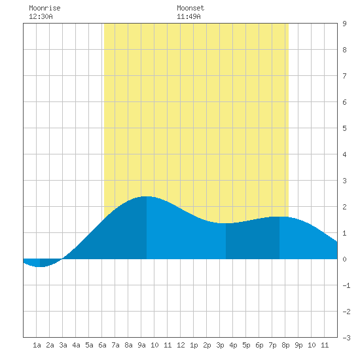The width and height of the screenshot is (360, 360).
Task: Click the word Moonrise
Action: pos(45,8)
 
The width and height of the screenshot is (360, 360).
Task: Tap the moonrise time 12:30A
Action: pos(41,16)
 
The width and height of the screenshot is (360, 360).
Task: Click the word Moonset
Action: pos(190,8)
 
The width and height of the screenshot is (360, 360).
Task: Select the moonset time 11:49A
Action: pos(189,16)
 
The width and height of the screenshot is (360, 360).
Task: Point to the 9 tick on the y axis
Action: pos(344,24)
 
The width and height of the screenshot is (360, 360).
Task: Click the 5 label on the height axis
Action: pos(344,128)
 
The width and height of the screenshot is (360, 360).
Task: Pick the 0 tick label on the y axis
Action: pos(344,259)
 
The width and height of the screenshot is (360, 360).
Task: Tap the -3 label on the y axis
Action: pos(346,338)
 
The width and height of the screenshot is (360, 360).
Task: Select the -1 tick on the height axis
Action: pos(346,285)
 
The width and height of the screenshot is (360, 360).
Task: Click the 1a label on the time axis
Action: pos(37,345)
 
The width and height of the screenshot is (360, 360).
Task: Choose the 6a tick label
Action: pos(102,345)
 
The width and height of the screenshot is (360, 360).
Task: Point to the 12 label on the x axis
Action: pos(181,345)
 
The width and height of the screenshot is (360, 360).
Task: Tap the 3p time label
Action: pos(220,345)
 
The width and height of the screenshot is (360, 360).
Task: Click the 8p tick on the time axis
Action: pos(285,345)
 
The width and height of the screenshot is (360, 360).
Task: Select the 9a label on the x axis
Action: pos(141,345)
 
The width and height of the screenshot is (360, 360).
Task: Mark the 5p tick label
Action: pos(246,345)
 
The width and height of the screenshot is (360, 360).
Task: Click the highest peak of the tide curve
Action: pos(147,196)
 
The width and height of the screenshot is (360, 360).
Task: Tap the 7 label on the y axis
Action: pos(344,76)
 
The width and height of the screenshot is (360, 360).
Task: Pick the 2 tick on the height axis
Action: pos(344,207)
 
